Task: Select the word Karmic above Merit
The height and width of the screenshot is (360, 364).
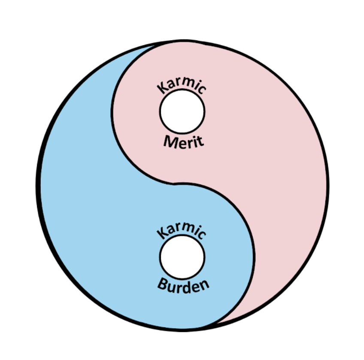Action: pos(182,84)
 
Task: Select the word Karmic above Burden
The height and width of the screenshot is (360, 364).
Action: pos(182,229)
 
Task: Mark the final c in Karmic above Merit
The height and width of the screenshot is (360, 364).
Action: pos(203,88)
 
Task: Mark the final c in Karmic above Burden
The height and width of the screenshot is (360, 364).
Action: pos(203,234)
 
